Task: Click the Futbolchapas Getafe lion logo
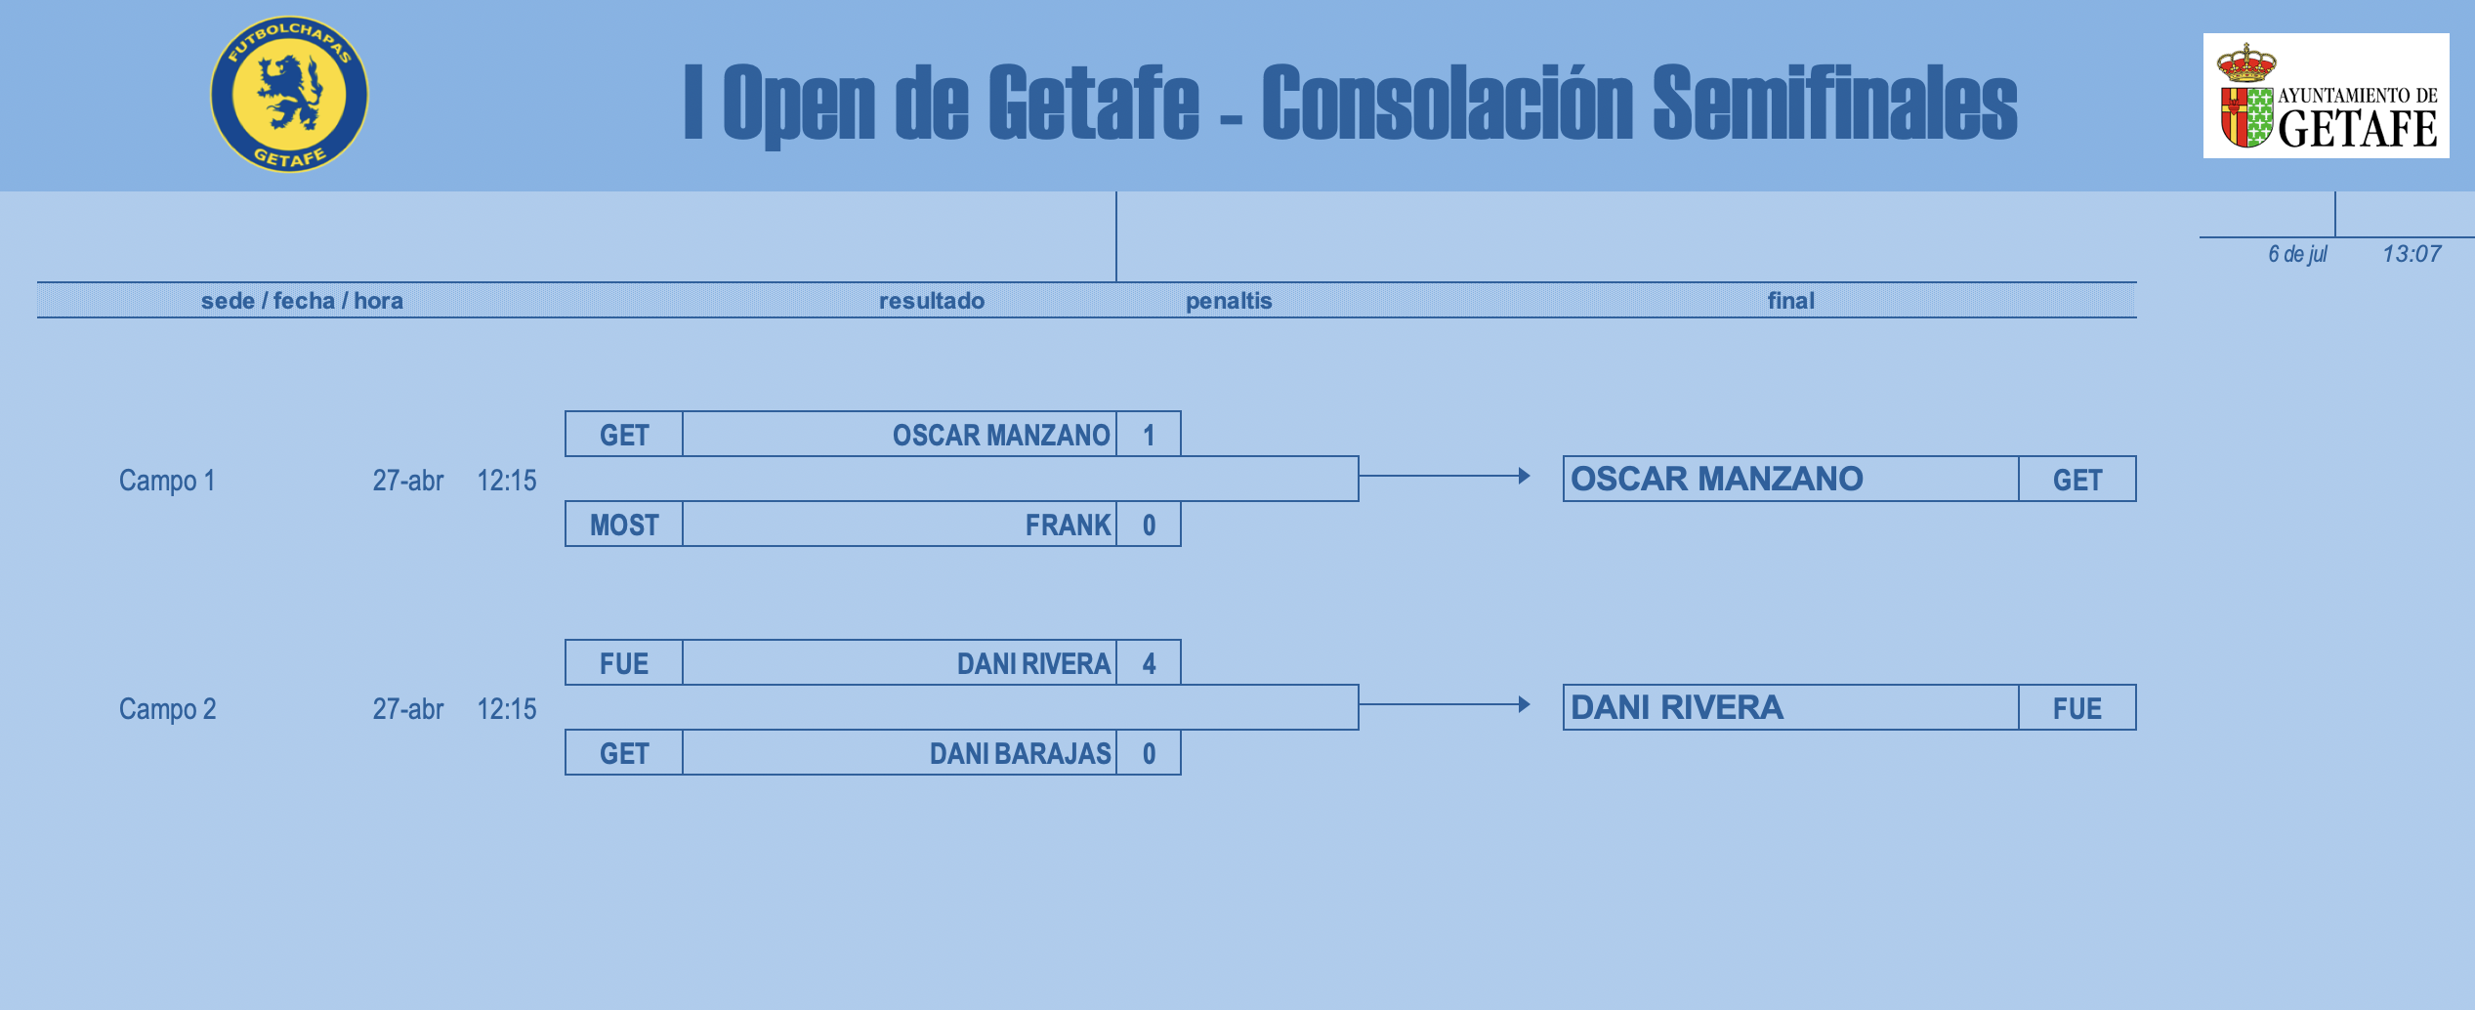[289, 95]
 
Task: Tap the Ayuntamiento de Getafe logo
[2326, 96]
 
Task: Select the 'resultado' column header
[932, 301]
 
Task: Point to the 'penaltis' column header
[1229, 301]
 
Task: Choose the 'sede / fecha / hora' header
[302, 301]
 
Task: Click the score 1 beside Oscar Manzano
[1149, 435]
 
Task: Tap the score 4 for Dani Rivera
[1149, 663]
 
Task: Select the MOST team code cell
[624, 525]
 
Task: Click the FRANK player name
[1068, 525]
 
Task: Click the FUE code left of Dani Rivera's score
[624, 663]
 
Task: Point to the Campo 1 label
[167, 481]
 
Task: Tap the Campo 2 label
[167, 709]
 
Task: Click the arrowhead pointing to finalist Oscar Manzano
[1524, 476]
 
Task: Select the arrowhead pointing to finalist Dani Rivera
[1524, 704]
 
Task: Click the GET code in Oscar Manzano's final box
[2077, 480]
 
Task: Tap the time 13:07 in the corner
[2412, 254]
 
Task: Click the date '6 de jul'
[2297, 254]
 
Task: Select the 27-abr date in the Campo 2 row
[407, 709]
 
